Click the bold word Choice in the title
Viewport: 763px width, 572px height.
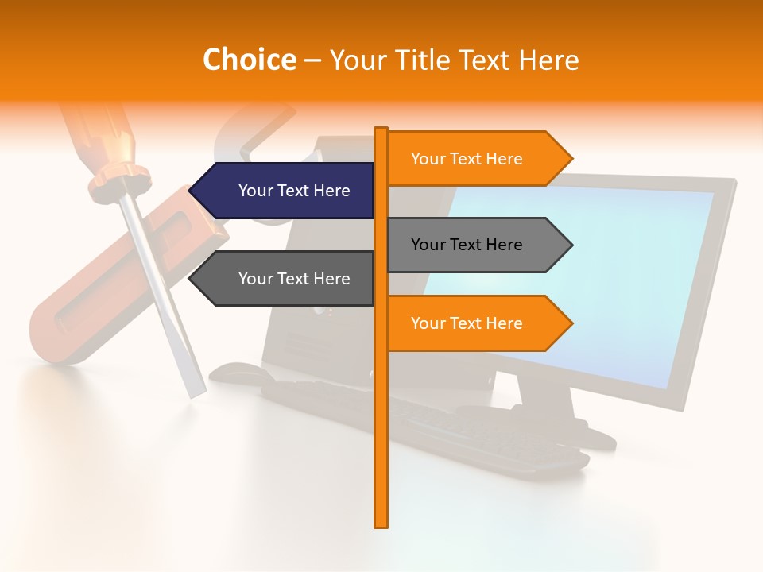(249, 60)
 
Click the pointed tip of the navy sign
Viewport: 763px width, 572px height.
(192, 191)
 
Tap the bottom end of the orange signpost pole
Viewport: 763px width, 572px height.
(381, 524)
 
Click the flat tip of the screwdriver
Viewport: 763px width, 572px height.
(196, 391)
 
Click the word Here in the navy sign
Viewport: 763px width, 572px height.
(331, 191)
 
